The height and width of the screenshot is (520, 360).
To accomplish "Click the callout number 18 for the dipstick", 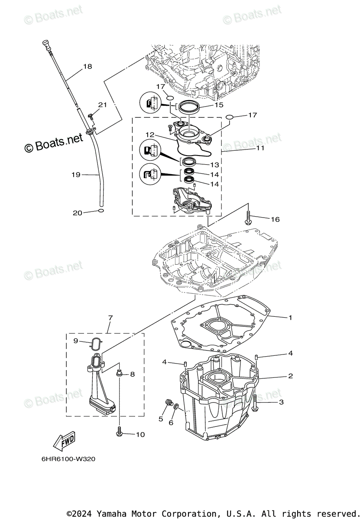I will click(x=88, y=66).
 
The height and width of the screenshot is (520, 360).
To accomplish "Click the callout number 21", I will click(x=102, y=105).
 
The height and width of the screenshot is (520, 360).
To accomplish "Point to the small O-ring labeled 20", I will click(x=101, y=211).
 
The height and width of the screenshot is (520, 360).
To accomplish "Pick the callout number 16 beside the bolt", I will click(x=275, y=219).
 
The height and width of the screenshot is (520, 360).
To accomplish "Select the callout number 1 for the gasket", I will click(x=290, y=318).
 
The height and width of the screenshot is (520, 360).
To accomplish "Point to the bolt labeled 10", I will click(x=119, y=431).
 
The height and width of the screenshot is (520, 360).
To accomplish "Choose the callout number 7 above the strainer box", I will click(x=110, y=318).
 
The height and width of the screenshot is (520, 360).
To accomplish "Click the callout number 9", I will click(x=75, y=341).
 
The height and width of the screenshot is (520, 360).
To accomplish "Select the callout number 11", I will click(x=260, y=148).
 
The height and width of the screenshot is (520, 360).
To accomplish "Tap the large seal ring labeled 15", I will click(x=188, y=107).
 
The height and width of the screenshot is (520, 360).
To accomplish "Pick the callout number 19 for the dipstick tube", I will click(x=76, y=175).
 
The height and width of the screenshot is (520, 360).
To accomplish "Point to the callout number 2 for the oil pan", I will click(x=290, y=376).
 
